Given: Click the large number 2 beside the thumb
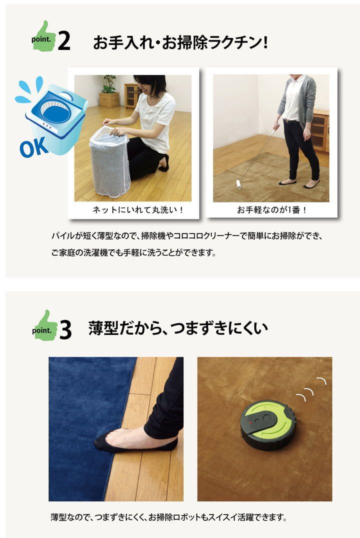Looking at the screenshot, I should pos(64,42).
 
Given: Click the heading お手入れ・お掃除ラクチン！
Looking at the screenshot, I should pos(180,42).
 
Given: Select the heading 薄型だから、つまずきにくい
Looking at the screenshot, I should pos(178,328).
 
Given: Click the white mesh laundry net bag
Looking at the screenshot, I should pos(109,161).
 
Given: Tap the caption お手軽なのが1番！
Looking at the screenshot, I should pos(271,210).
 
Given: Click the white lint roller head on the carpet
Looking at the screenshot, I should pos(238,186).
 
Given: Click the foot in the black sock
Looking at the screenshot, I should pos(134,440).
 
